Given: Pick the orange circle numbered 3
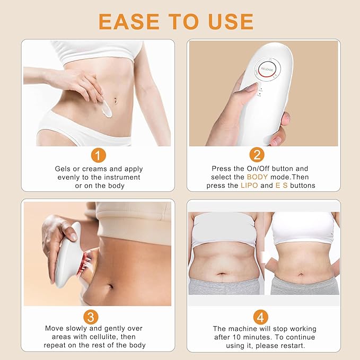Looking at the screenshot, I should (x=92, y=317).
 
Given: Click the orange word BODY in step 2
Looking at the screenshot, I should (x=259, y=177).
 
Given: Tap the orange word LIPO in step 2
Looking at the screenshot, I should (x=250, y=186).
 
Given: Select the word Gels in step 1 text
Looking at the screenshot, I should (x=64, y=169).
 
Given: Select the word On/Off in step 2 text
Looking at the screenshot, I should (x=254, y=169).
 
